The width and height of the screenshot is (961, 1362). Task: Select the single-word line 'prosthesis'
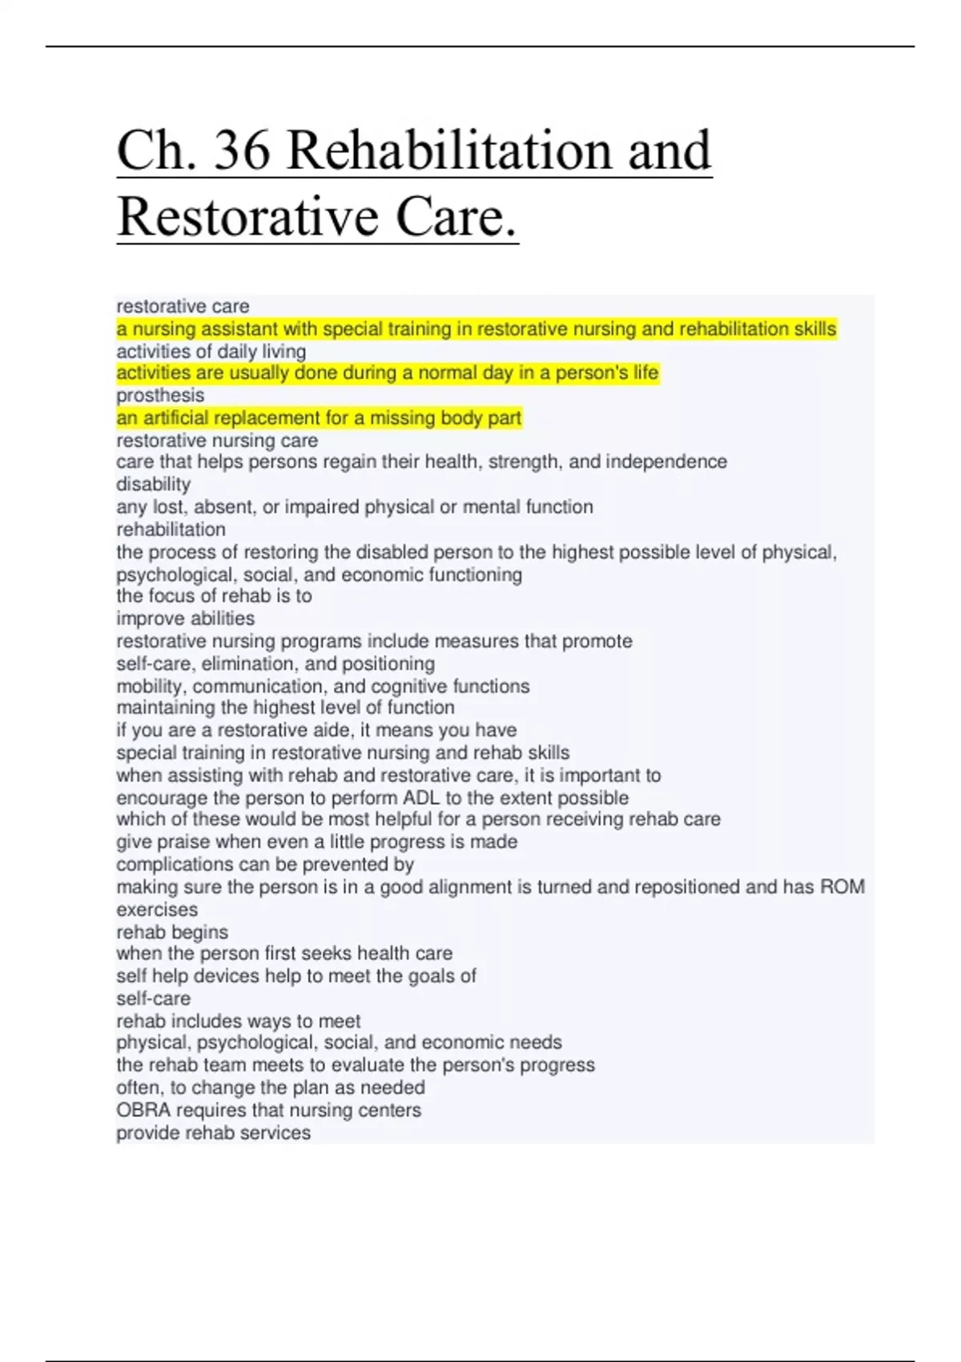(160, 395)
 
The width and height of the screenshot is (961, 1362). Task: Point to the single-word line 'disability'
(153, 484)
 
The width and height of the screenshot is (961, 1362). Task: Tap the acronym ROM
(842, 887)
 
